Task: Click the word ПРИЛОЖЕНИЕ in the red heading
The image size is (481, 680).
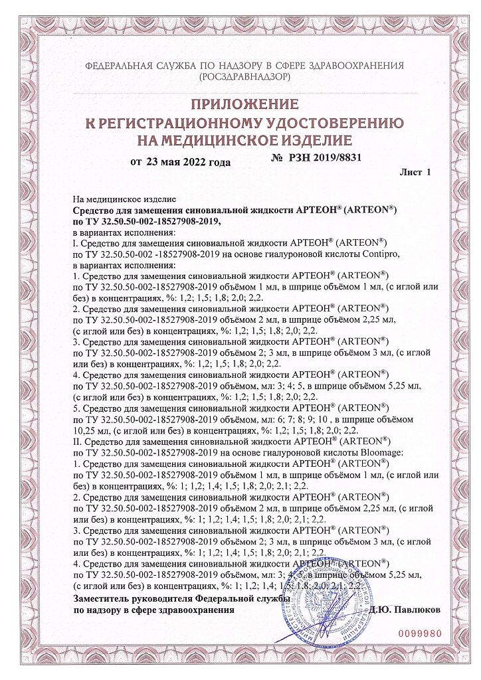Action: (241, 104)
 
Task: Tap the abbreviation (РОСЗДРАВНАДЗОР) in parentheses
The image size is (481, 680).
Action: (241, 77)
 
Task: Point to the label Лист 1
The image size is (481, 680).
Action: (415, 172)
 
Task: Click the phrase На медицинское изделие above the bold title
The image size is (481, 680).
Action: (124, 199)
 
